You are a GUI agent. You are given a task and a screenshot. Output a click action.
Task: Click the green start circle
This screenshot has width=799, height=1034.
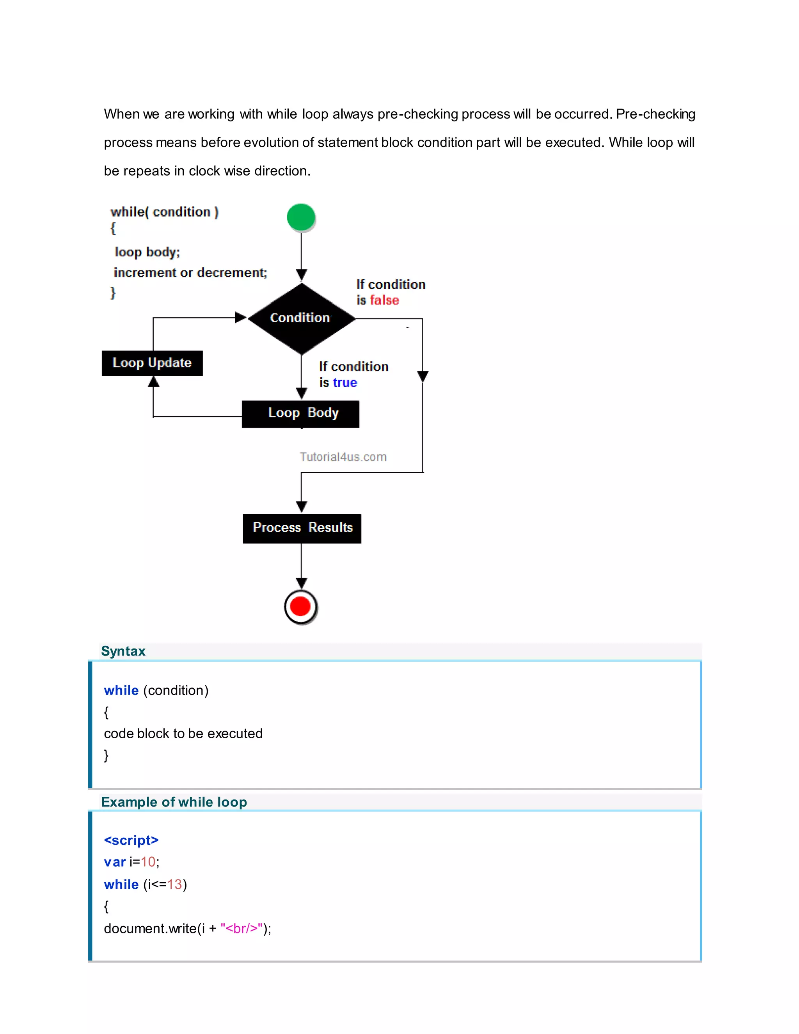coord(301,217)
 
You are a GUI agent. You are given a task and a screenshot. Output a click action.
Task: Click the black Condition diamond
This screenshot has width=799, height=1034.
coord(301,318)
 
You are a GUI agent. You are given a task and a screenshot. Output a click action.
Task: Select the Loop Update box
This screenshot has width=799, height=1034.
coord(152,363)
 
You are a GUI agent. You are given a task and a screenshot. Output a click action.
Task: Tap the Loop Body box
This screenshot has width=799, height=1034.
coord(300,413)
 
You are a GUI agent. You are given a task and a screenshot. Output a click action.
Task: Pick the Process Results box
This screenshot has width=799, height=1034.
coord(302,528)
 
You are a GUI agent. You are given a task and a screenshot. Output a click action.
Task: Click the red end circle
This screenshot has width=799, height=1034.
coord(300,606)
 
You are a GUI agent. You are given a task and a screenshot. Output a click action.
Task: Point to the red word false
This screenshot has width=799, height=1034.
coord(384,300)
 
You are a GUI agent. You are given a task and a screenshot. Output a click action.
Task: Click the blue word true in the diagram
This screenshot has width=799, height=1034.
coord(344,382)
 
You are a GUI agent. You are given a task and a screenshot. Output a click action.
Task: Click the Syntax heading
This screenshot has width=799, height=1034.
coord(123,651)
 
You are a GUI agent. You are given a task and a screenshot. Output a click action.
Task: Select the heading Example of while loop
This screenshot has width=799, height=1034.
coord(174,802)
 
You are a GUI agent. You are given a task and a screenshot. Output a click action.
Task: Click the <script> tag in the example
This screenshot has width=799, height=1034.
coord(131,840)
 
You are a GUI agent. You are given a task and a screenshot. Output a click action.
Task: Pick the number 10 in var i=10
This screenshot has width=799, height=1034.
coord(148,862)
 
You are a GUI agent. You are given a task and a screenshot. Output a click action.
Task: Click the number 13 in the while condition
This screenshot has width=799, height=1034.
coord(174,885)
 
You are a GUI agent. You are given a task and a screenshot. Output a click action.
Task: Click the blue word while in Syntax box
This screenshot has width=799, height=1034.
coord(121,690)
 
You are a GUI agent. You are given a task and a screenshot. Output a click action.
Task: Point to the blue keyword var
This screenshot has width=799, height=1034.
coord(115,862)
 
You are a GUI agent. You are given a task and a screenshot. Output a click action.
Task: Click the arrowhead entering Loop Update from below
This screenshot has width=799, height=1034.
coord(153,382)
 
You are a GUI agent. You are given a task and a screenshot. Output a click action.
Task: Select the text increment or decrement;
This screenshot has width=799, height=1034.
coord(190,273)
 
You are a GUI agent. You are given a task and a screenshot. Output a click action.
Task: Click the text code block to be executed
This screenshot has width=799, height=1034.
coord(183,734)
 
